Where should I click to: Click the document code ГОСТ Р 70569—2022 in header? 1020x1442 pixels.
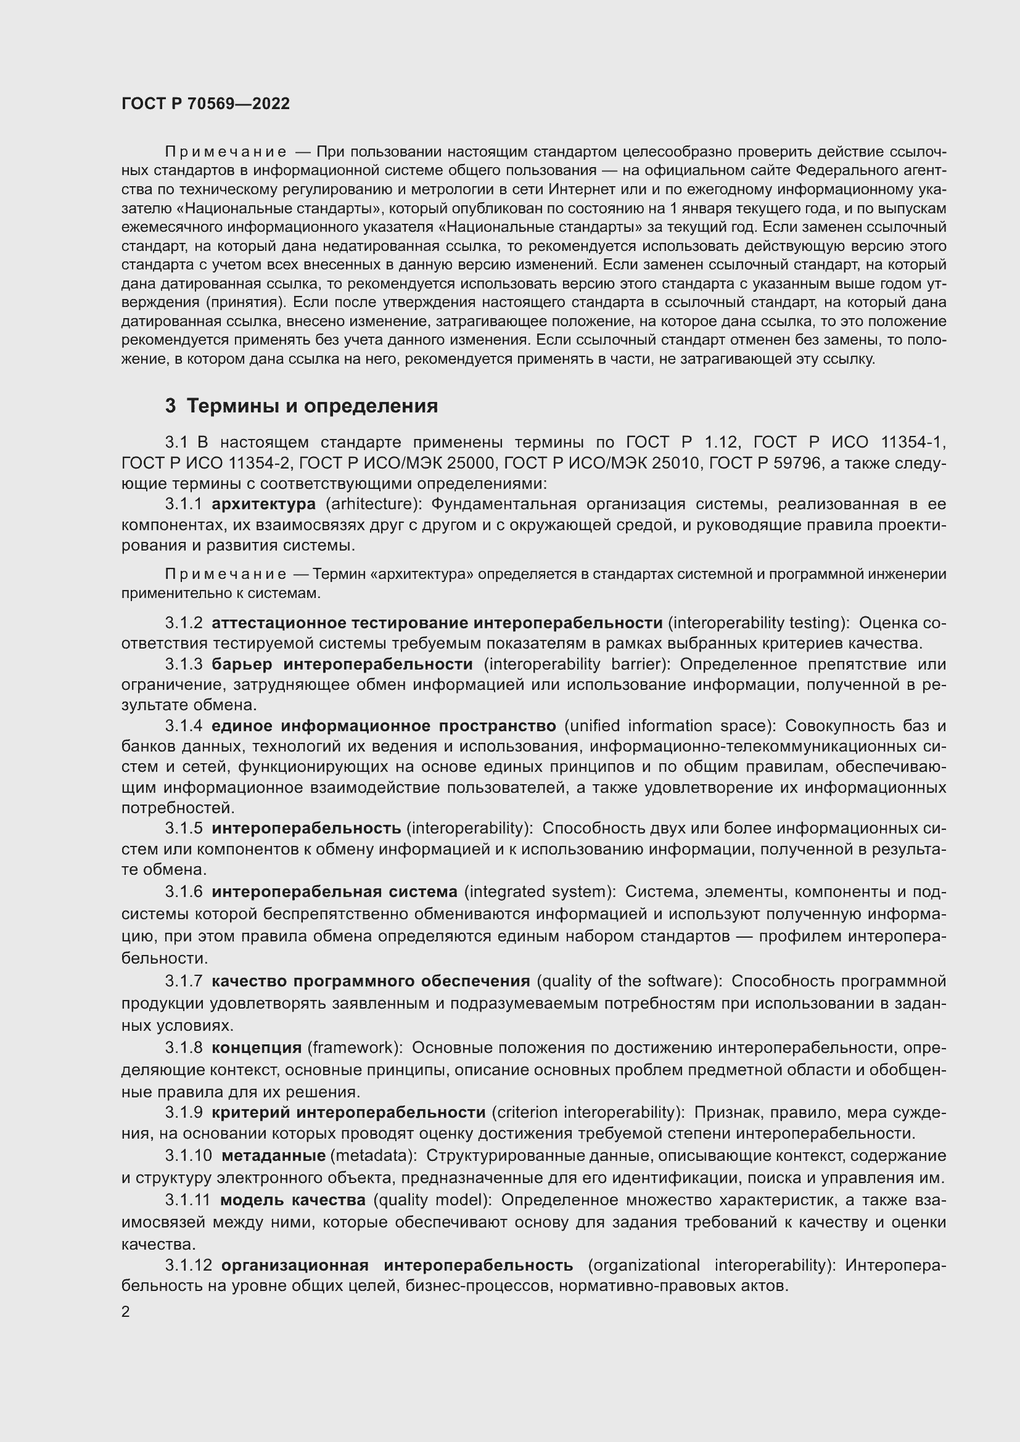click(x=205, y=104)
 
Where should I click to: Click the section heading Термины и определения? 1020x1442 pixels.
click(x=312, y=406)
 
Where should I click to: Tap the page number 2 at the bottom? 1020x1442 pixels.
click(x=126, y=1312)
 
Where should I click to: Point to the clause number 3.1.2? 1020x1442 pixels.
click(x=183, y=623)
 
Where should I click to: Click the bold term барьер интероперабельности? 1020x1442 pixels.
click(x=342, y=665)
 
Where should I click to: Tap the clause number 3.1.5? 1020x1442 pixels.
click(x=183, y=829)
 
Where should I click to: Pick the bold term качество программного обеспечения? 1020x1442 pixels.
click(x=371, y=981)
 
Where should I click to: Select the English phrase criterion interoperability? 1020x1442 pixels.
click(x=587, y=1112)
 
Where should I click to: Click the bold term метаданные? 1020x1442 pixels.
click(x=273, y=1155)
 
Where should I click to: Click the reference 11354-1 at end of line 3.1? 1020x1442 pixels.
click(x=913, y=443)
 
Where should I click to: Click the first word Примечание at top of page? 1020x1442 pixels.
click(x=226, y=153)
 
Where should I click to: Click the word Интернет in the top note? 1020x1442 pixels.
click(x=578, y=190)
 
